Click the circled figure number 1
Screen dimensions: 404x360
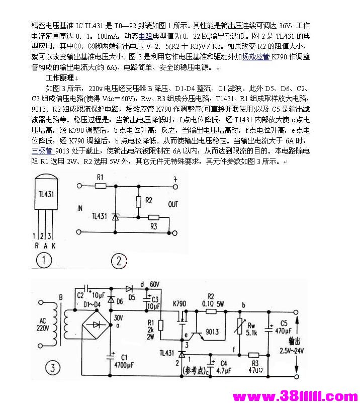point(45,260)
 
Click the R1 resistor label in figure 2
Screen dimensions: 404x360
point(100,178)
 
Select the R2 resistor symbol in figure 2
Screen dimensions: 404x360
point(139,201)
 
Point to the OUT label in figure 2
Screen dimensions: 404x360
point(173,205)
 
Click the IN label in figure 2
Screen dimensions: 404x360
point(79,208)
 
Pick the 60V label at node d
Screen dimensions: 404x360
point(154,285)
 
